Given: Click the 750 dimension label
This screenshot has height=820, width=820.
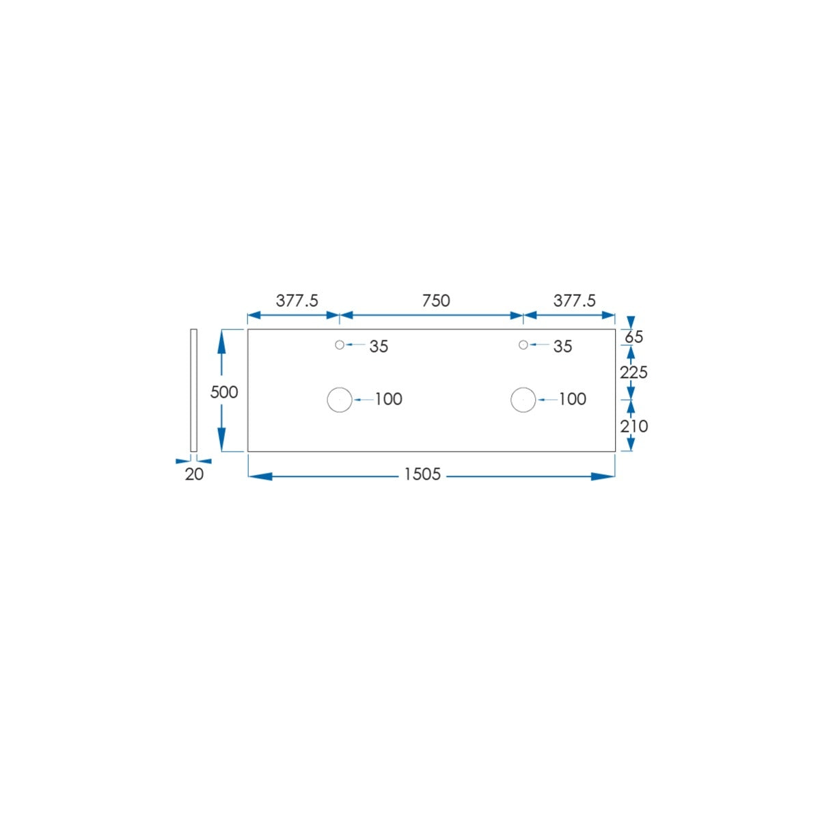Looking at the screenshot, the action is pos(435,301).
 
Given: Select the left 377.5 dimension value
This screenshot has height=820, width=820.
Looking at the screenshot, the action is pos(297,301).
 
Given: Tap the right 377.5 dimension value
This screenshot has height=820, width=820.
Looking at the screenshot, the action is pos(574,301).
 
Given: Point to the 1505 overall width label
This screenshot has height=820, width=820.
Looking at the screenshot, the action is pos(422,474).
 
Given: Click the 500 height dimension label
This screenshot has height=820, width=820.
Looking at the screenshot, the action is pos(224,392).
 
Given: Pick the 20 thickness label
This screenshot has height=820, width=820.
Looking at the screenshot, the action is pos(194,474).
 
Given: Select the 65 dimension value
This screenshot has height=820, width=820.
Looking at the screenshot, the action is pos(633,337).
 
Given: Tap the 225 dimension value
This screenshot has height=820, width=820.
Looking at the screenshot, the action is pos(633,372).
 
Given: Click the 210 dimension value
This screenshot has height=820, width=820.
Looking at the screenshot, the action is pos(633,426).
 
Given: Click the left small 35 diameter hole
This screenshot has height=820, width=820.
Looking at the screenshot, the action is pos(340,344).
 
